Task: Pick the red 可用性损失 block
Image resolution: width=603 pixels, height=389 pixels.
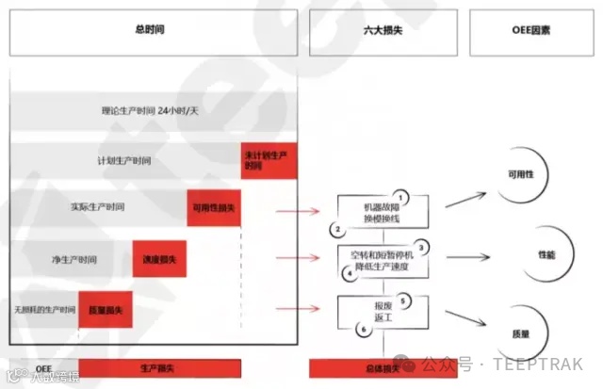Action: pos(214,207)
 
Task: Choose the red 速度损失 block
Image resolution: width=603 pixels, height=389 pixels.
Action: pos(158,258)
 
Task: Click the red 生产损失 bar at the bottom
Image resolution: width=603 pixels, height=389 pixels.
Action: pos(159,367)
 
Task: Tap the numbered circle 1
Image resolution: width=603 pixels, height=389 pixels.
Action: pos(398,196)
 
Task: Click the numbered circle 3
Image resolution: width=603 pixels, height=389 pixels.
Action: pos(422,247)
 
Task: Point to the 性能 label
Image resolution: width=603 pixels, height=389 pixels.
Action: pos(546,255)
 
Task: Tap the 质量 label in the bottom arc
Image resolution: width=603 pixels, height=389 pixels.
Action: pos(519,333)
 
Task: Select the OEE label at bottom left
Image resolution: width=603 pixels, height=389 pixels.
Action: pos(43,367)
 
